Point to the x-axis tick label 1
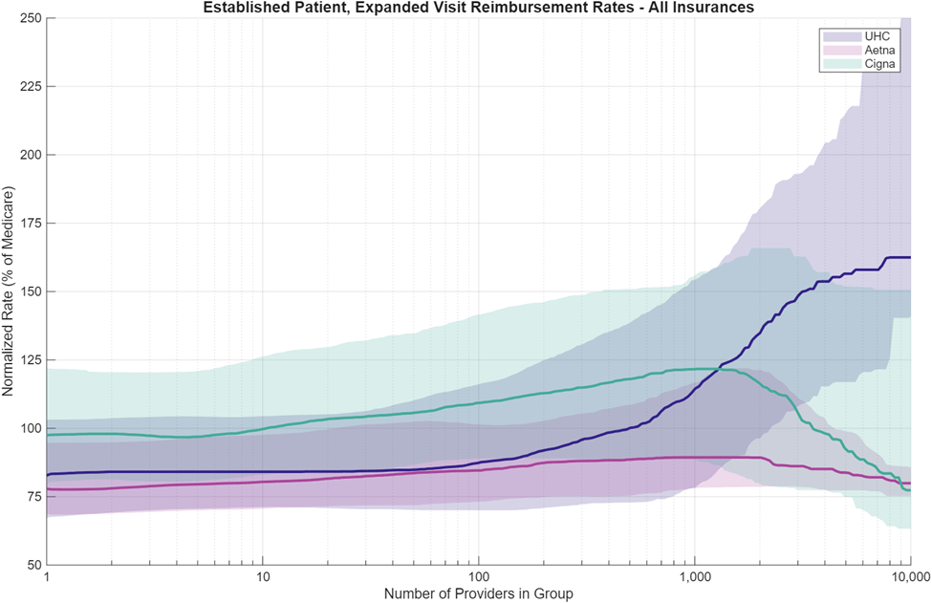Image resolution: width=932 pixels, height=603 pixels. [x=47, y=578]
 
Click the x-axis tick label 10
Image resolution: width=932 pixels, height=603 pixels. [x=263, y=578]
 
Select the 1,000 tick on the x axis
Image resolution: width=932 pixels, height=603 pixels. [x=694, y=578]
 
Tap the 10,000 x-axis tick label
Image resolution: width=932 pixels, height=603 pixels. [x=907, y=578]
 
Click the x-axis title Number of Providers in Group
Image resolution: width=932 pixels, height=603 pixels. [x=478, y=594]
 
